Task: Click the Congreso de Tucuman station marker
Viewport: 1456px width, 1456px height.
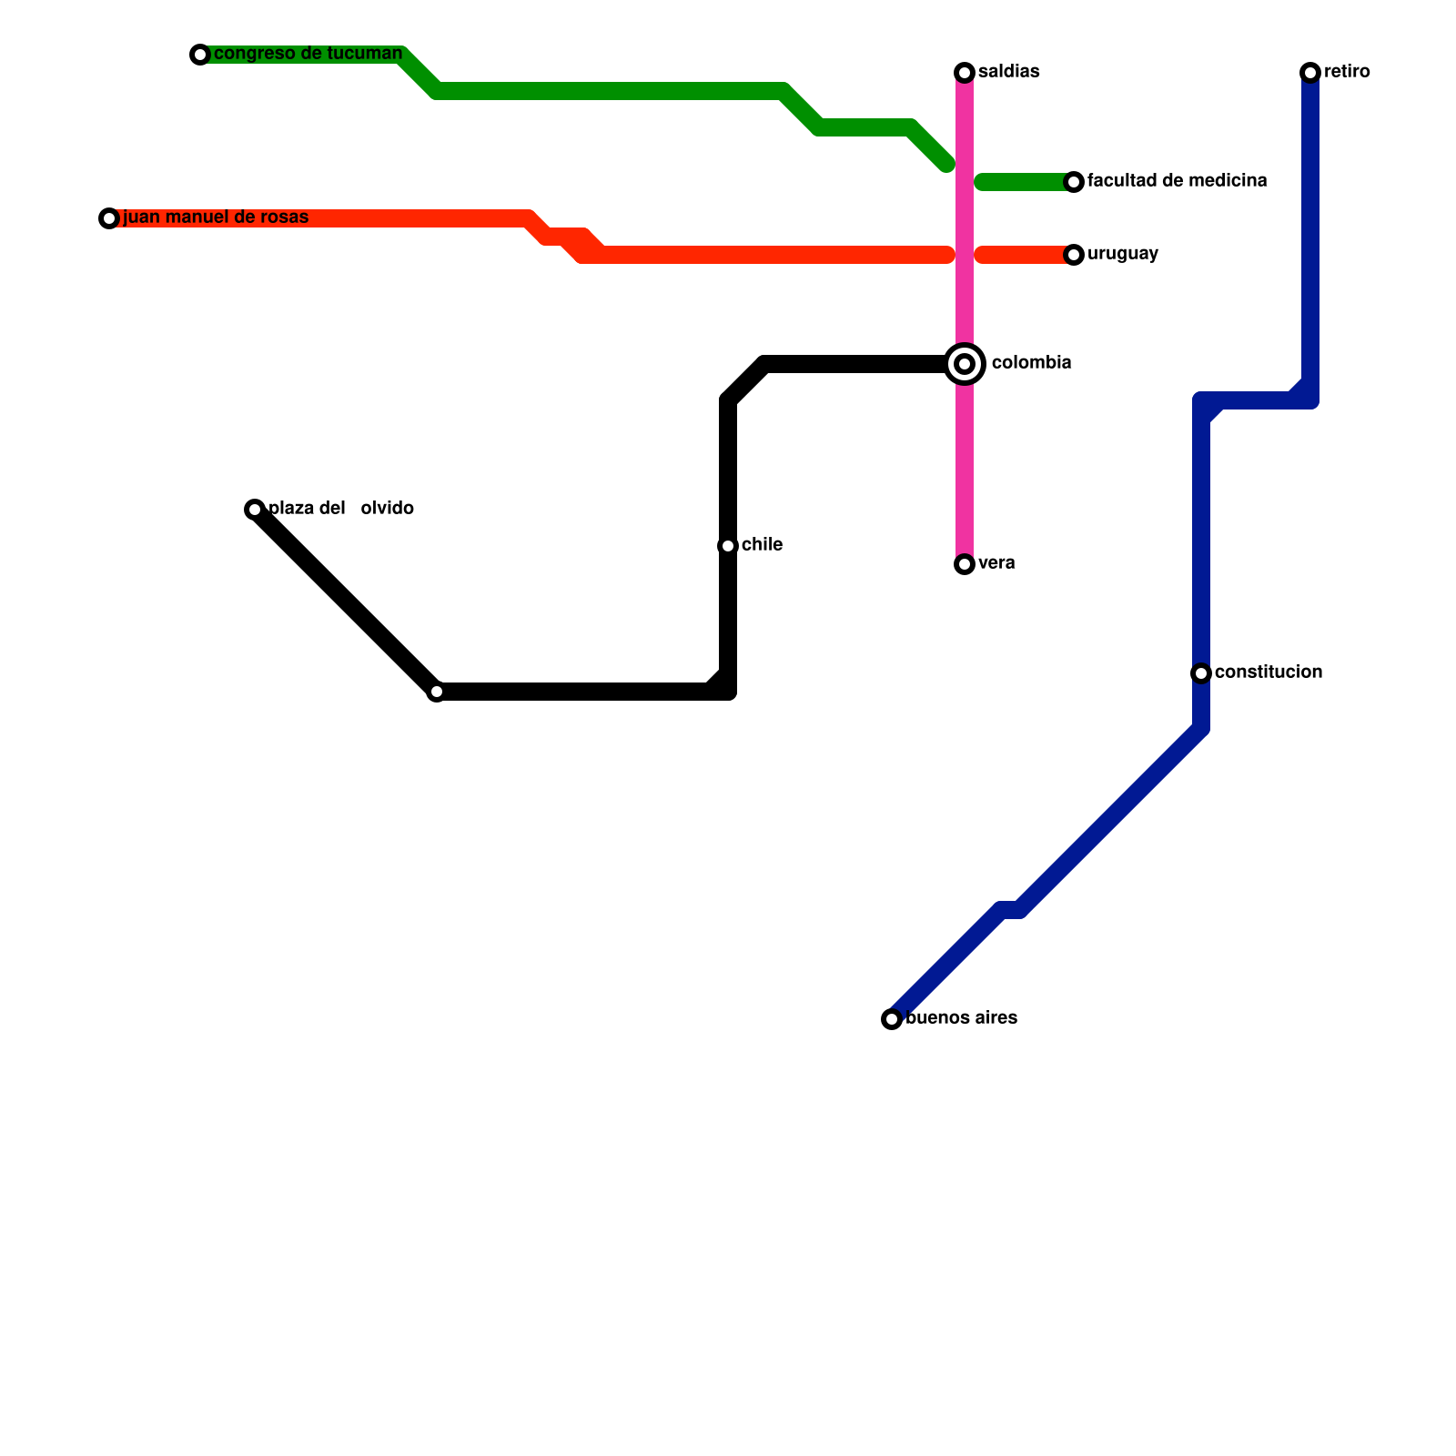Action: (200, 55)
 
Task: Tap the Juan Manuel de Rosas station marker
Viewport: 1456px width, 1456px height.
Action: (109, 218)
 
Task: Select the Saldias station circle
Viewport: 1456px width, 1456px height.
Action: (965, 73)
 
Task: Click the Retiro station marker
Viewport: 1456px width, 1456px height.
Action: (1310, 73)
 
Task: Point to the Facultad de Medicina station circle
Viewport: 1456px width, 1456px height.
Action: (1074, 182)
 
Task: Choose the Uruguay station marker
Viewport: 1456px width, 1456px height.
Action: (1074, 255)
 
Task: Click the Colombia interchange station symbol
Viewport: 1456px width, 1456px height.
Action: (965, 364)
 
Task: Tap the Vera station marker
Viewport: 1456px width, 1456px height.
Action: (965, 564)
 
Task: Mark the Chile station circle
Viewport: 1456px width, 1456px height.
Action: (728, 546)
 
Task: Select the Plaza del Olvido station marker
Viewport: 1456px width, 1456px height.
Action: (255, 510)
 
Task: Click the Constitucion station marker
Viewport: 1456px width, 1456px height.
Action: (1201, 673)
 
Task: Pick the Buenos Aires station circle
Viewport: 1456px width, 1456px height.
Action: (892, 1019)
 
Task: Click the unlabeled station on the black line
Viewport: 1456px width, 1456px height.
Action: (437, 693)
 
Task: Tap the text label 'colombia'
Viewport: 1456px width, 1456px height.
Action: (1031, 363)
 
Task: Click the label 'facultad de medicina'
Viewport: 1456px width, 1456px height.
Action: (1177, 181)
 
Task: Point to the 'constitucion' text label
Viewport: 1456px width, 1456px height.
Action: (1268, 672)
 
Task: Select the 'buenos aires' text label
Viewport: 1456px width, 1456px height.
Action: (961, 1018)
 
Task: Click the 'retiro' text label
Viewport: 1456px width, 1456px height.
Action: (1347, 72)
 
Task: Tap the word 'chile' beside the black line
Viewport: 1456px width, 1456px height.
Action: (762, 545)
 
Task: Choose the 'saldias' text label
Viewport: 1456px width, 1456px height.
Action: (1008, 72)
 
